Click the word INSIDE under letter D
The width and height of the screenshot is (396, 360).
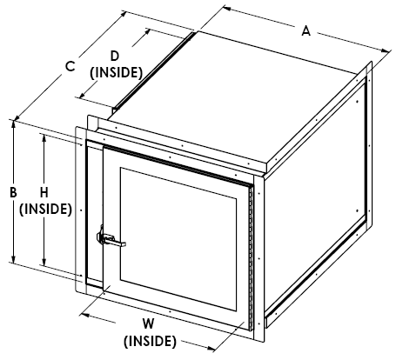[x=116, y=73]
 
